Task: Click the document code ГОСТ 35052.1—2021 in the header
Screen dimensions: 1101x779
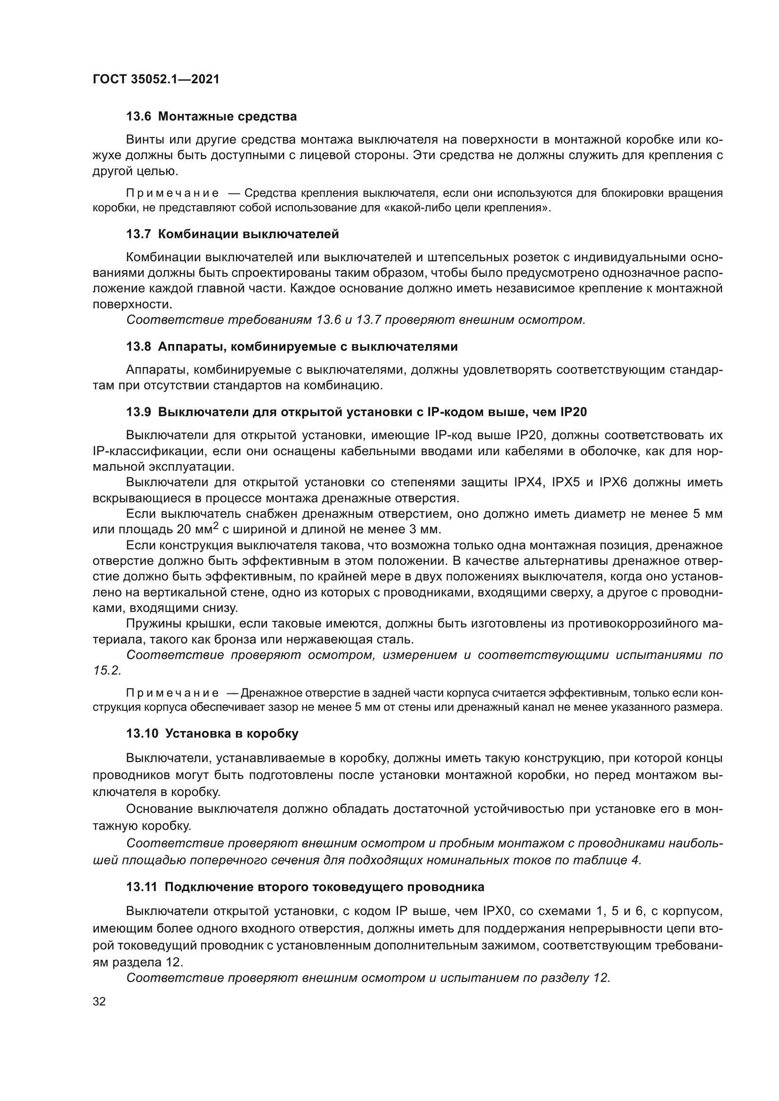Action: click(156, 79)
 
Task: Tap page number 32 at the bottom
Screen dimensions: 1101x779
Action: click(99, 1002)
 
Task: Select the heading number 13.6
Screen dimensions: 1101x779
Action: click(138, 117)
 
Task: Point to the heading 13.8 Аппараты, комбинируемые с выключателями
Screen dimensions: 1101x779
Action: click(292, 347)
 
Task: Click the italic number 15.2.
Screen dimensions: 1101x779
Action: click(107, 671)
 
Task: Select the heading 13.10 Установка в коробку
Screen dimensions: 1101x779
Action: click(212, 734)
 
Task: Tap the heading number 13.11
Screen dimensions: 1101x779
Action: click(141, 887)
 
